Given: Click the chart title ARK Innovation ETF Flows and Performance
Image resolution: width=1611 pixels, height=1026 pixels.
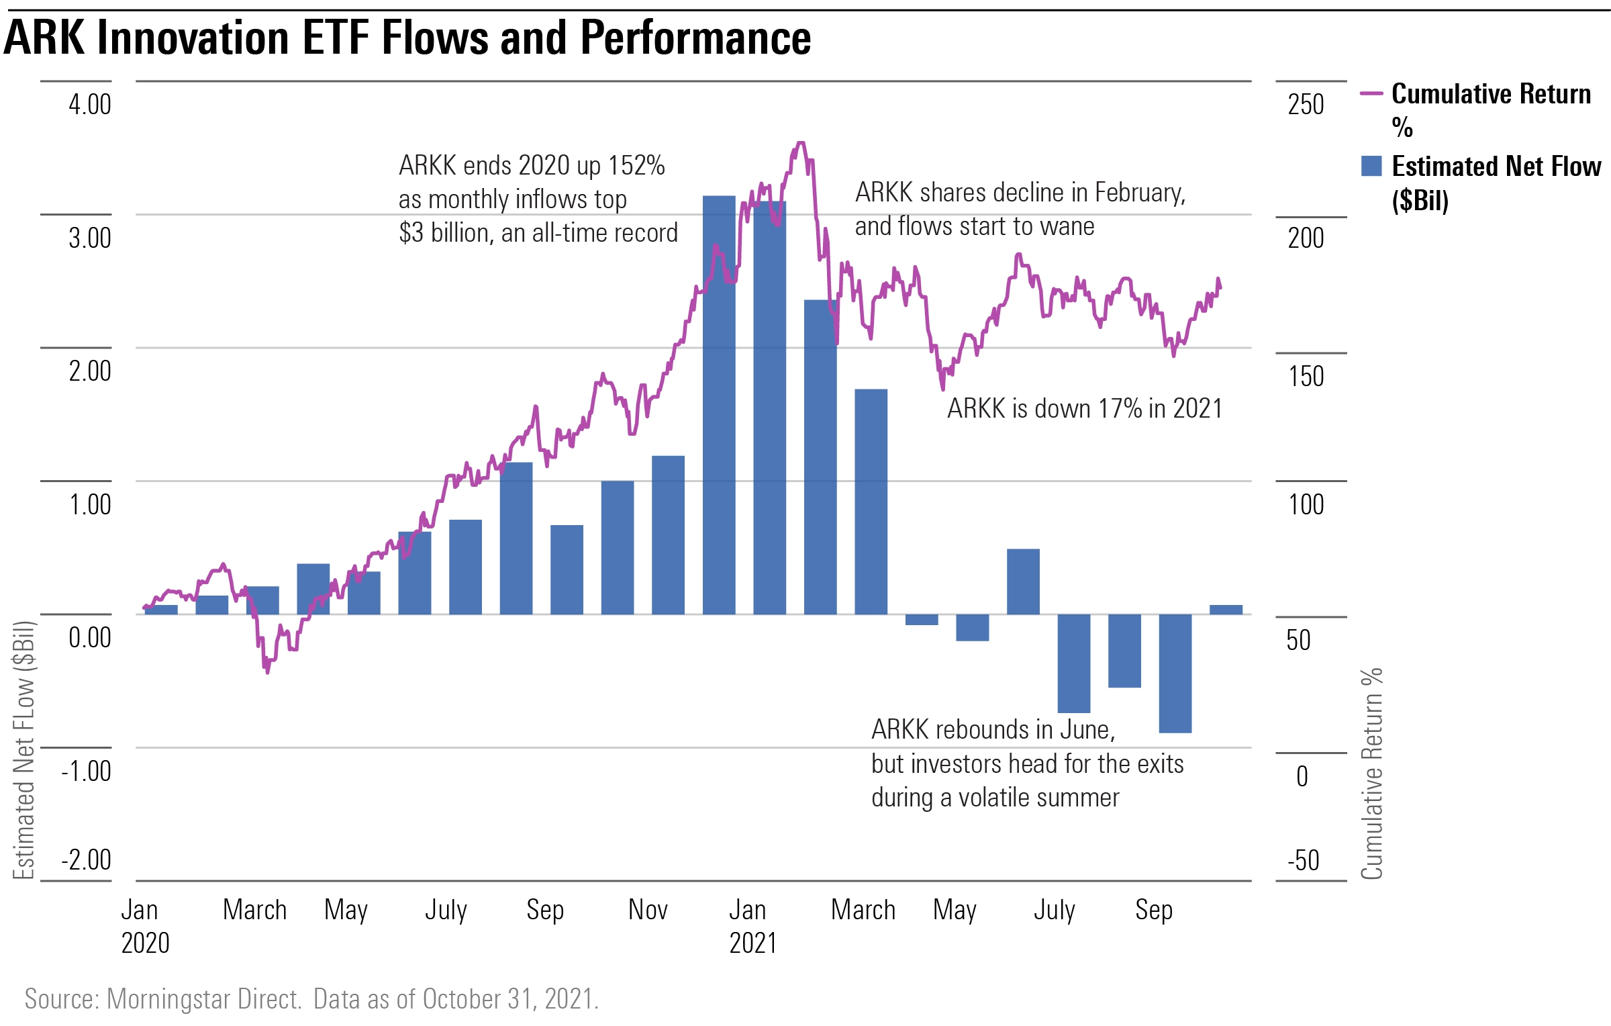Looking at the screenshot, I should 407,38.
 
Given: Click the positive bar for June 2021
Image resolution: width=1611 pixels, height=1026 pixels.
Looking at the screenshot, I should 1023,581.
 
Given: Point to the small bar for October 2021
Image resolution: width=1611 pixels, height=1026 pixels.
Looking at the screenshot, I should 1226,610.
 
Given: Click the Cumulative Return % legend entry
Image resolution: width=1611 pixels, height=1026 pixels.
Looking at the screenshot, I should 1490,107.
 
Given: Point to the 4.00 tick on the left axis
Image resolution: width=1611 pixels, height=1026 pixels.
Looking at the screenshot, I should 90,105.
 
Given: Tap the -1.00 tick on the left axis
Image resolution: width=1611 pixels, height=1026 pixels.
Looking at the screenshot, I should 86,771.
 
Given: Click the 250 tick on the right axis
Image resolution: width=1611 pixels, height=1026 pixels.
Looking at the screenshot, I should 1306,105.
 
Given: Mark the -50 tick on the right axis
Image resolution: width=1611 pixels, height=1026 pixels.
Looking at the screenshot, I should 1303,860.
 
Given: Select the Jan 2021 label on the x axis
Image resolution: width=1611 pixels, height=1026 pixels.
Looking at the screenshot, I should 752,926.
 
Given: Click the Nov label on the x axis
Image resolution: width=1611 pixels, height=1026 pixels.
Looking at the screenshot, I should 648,910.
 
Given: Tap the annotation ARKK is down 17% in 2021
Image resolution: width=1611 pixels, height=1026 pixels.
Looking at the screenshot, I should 1084,408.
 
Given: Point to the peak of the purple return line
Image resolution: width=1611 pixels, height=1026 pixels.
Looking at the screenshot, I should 799,143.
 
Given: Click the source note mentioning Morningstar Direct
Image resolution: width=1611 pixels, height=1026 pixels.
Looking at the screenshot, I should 311,999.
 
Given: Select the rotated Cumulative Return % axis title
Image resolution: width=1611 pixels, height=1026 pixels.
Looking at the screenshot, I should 1371,772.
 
